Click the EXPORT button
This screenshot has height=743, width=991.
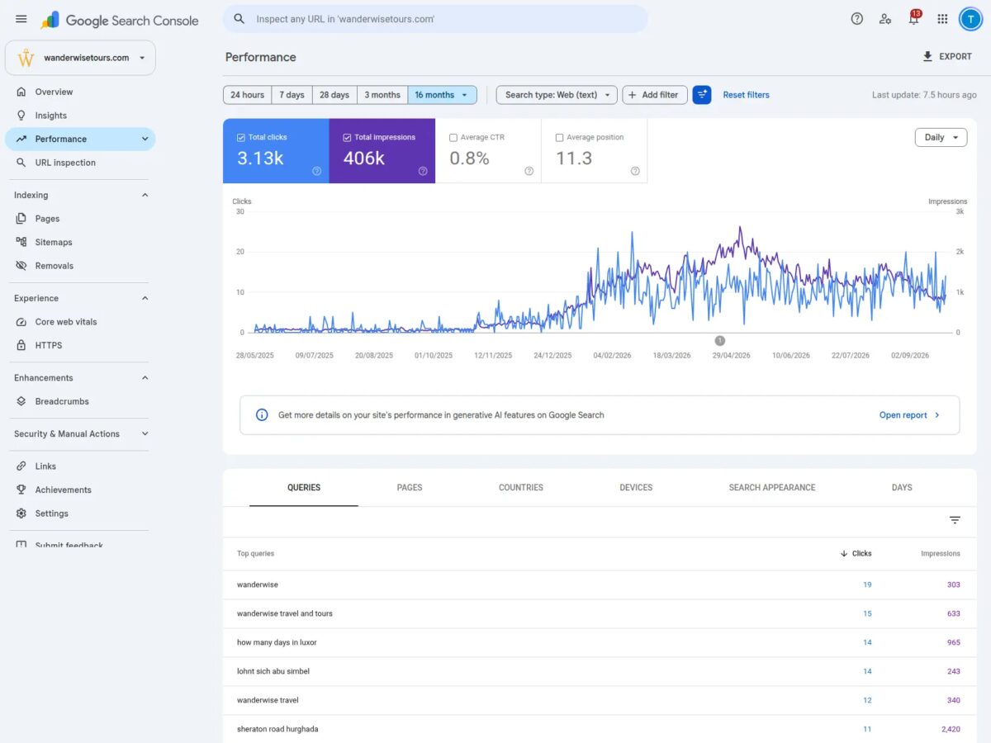(947, 56)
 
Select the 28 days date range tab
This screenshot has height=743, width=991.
(334, 95)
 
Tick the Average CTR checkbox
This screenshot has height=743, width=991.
(453, 138)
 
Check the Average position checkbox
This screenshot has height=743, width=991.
(559, 138)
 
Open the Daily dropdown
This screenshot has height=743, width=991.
(941, 137)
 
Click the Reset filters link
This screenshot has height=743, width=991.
(746, 95)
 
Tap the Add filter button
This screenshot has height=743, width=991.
(654, 95)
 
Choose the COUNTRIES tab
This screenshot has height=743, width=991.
(520, 487)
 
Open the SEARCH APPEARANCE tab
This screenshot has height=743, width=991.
(771, 487)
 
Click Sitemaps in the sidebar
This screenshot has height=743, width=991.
(54, 242)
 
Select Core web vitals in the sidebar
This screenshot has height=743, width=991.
(66, 322)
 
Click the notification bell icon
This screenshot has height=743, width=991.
(913, 19)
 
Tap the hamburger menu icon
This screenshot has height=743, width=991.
(21, 19)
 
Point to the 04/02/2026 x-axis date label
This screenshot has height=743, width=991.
(612, 356)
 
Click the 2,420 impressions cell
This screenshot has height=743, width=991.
(951, 729)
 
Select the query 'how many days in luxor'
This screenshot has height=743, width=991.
(277, 642)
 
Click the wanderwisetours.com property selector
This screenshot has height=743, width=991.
(80, 58)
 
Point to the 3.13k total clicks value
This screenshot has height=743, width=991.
(260, 159)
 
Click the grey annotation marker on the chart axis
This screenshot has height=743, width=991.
(719, 341)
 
